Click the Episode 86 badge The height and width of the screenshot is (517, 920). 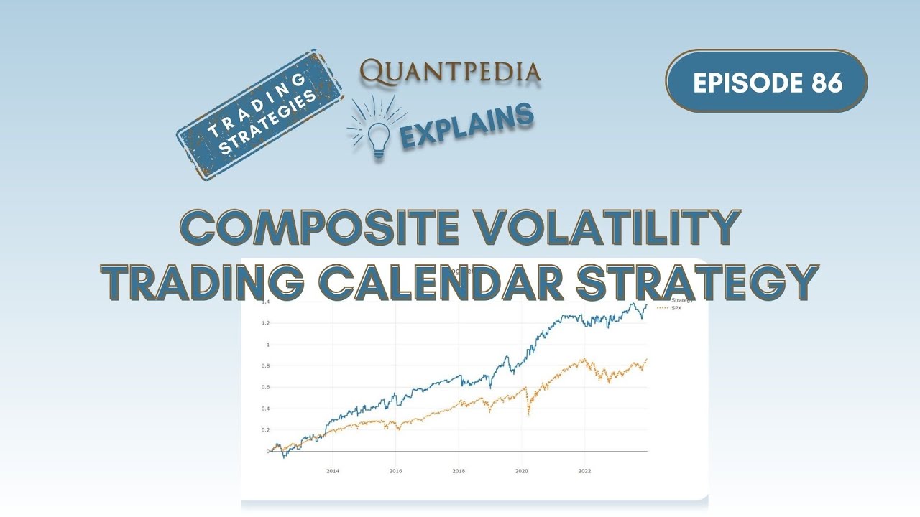[766, 82]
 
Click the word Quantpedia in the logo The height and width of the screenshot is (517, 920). [451, 72]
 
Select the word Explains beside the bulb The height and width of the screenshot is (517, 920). [466, 125]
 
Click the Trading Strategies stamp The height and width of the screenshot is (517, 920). [259, 114]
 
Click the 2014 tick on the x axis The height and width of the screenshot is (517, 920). [333, 472]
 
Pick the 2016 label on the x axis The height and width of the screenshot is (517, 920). [395, 472]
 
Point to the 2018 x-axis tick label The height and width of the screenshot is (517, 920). [459, 472]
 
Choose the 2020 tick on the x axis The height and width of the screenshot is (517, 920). [522, 472]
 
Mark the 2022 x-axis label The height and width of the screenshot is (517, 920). [584, 472]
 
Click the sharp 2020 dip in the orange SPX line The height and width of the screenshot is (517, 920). [529, 415]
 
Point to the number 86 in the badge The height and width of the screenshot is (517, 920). [827, 82]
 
